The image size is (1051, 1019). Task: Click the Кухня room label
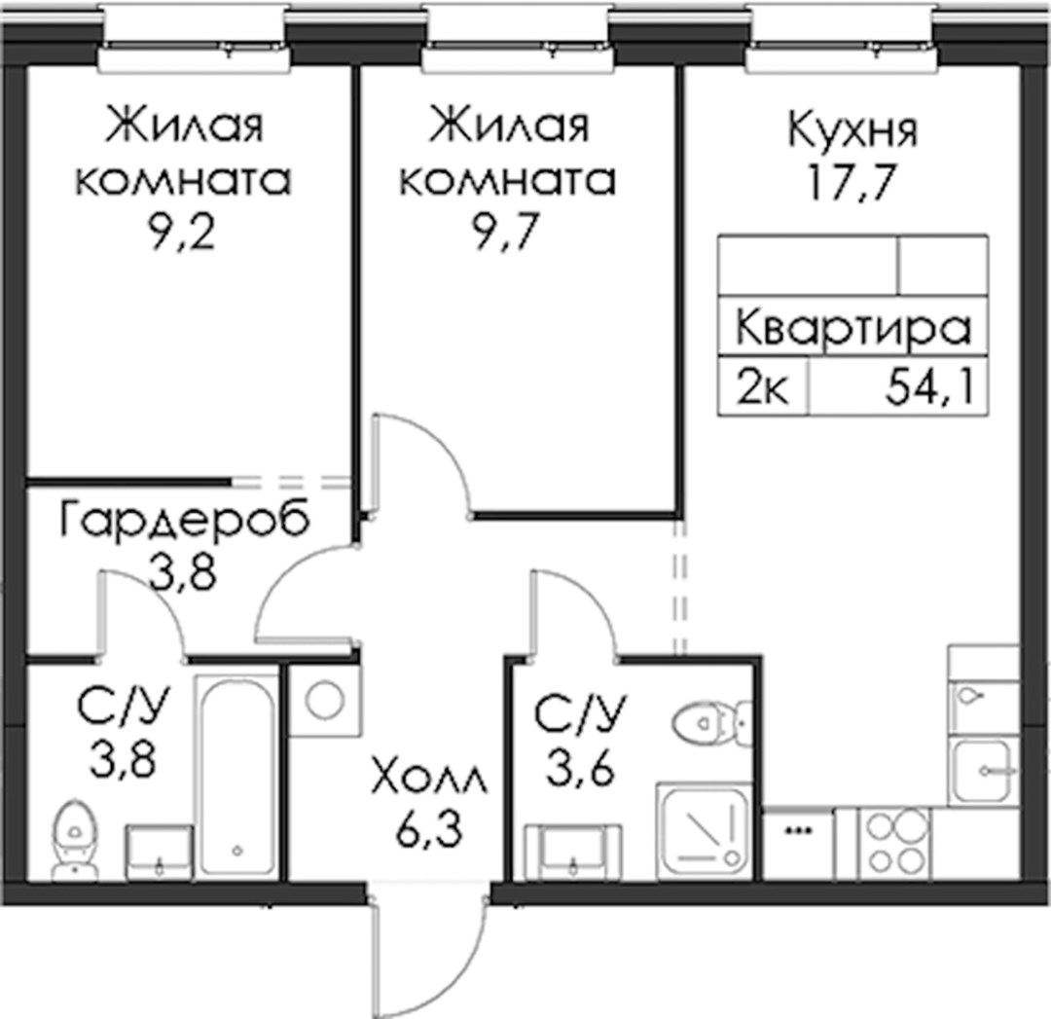852,130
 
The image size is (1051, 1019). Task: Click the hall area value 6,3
430,832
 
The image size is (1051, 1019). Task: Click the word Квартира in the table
853,329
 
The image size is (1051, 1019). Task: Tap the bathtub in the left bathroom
236,775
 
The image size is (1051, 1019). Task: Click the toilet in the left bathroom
74,839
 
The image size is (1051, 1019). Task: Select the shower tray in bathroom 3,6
704,830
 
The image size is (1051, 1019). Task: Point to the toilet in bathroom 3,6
711,723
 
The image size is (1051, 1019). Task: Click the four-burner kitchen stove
895,841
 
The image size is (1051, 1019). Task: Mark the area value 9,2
183,235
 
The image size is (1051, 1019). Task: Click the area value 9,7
506,235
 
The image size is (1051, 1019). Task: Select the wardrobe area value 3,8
183,572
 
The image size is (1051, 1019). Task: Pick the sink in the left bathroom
160,850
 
